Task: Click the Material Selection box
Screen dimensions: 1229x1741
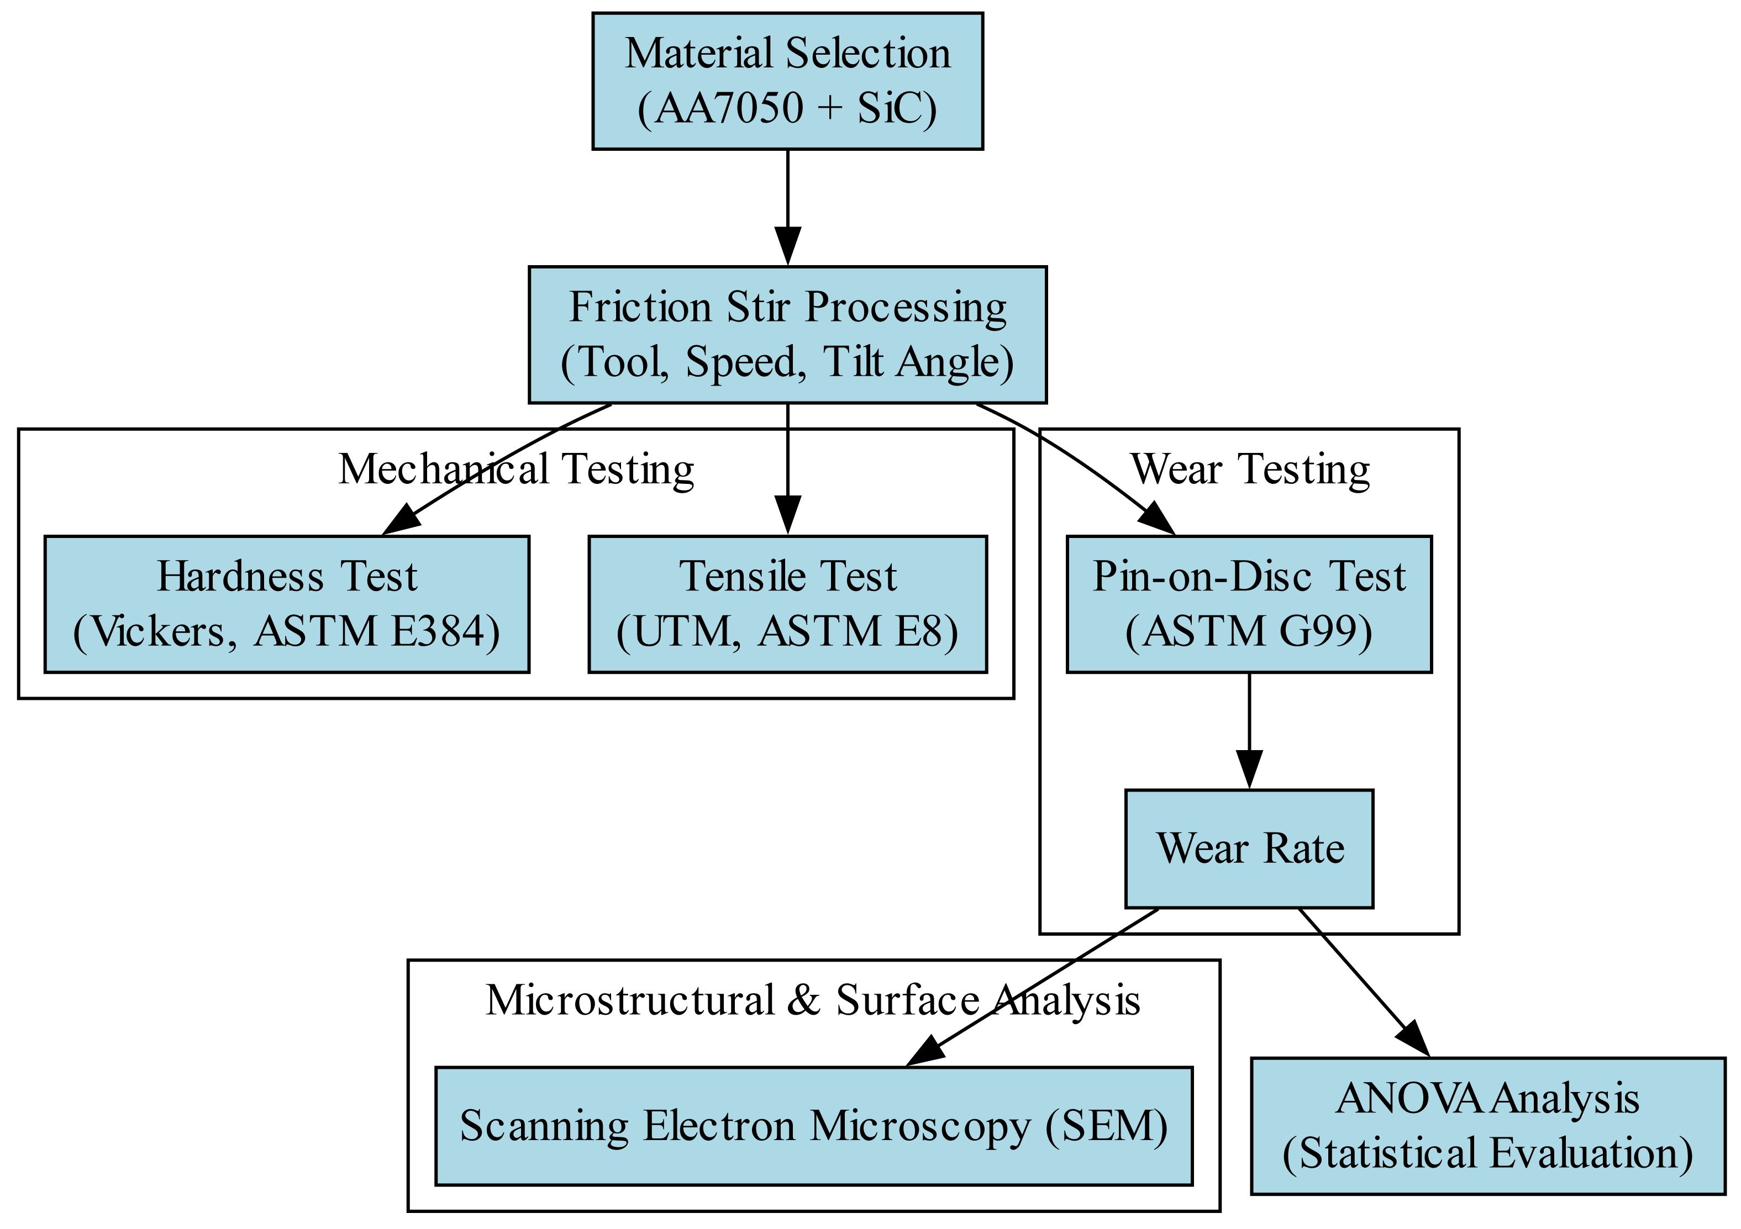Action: click(787, 81)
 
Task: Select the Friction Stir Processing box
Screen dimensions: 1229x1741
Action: click(787, 334)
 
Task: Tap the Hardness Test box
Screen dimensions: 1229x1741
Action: click(287, 604)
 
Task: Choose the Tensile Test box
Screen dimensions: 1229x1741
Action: click(787, 604)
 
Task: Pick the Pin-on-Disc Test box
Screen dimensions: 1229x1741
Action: click(1249, 604)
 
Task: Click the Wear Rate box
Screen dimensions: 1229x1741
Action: click(1249, 848)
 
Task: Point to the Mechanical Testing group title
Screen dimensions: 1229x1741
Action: click(516, 470)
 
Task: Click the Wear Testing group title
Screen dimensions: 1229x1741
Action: click(1250, 470)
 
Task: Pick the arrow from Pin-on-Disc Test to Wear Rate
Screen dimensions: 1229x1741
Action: click(1249, 728)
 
